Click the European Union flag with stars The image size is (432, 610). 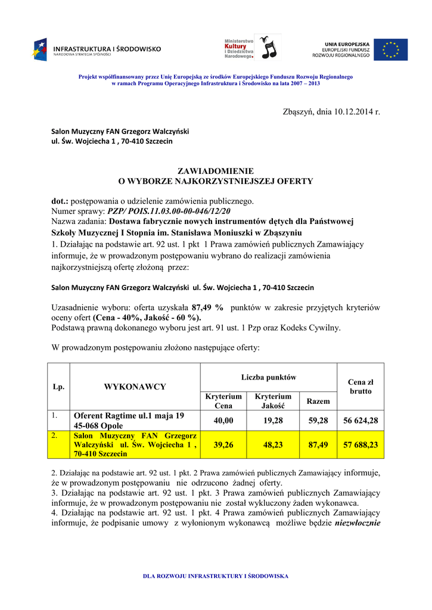pos(391,50)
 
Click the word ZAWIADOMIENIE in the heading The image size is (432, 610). pos(216,171)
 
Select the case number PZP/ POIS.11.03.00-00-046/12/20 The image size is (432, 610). pos(169,211)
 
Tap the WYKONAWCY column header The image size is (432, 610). pos(135,387)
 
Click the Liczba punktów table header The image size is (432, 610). pos(269,377)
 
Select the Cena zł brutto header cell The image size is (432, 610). pos(360,387)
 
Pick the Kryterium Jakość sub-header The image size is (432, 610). pos(273,401)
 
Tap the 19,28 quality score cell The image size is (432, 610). pos(273,421)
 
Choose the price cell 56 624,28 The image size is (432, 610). pos(360,421)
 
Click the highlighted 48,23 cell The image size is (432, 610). pos(273,444)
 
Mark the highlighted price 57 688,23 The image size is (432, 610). pos(360,444)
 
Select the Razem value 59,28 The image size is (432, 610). pos(318,421)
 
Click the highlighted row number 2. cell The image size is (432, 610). pos(54,436)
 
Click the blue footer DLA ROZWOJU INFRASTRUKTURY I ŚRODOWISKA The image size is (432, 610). pos(216,576)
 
